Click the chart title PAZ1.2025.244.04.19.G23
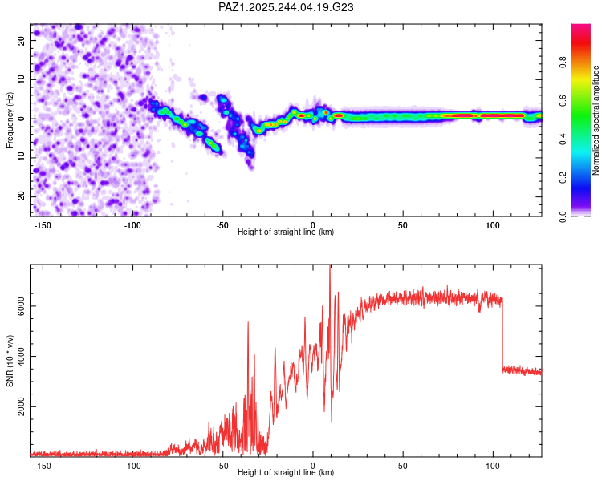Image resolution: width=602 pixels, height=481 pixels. click(287, 7)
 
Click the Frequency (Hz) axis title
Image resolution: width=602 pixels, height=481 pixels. click(10, 119)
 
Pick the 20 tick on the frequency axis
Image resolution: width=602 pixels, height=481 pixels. click(22, 40)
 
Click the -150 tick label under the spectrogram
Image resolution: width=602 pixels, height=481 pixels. click(43, 224)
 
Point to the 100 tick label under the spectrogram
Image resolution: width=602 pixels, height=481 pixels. click(492, 224)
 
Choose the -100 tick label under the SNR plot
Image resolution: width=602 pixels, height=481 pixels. click(132, 465)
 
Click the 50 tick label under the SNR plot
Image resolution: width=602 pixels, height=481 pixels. click(402, 465)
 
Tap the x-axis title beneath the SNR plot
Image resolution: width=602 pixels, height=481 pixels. click(286, 473)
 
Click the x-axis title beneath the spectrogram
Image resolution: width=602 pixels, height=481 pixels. click(286, 232)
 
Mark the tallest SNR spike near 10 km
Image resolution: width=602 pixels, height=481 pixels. click(330, 269)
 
